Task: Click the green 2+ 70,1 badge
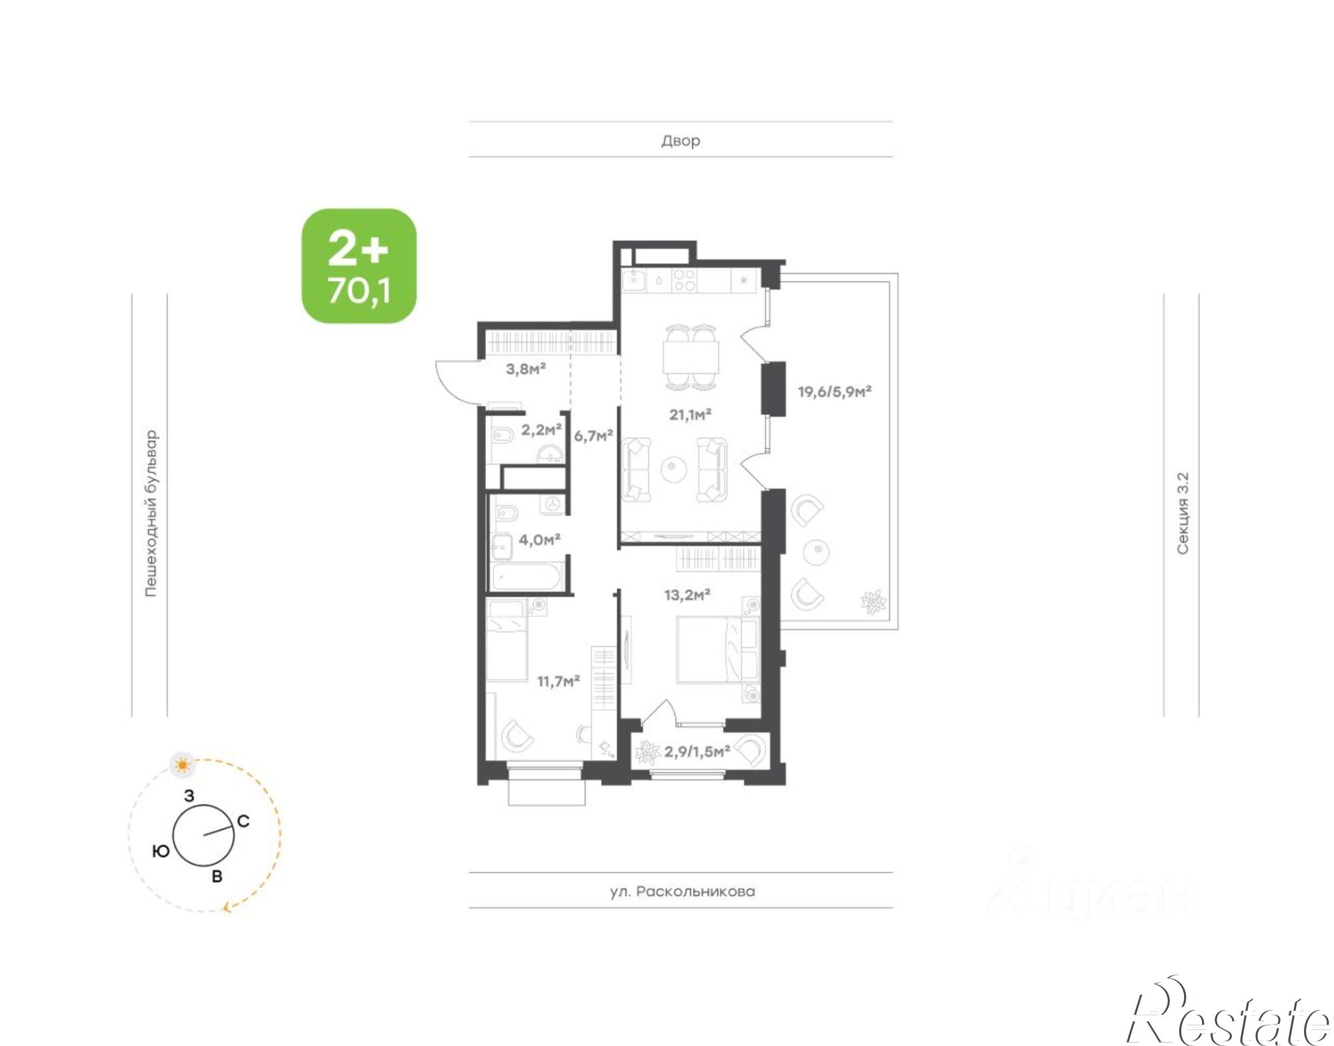(359, 265)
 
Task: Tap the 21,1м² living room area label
(690, 415)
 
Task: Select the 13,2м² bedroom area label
(687, 594)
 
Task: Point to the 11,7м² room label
(558, 681)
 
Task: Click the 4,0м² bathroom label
(540, 539)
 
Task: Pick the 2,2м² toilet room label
(541, 430)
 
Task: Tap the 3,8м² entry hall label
(526, 368)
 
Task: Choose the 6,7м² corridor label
(594, 436)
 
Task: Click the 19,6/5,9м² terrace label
(835, 391)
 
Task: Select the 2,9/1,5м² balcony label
(697, 751)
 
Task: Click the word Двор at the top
(680, 141)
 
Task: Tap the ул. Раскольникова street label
(682, 891)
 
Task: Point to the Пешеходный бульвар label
(151, 513)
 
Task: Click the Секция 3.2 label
(1182, 513)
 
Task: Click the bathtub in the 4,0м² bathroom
(528, 577)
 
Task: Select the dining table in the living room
(691, 357)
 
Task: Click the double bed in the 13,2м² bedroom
(718, 649)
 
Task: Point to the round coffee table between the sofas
(674, 469)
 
